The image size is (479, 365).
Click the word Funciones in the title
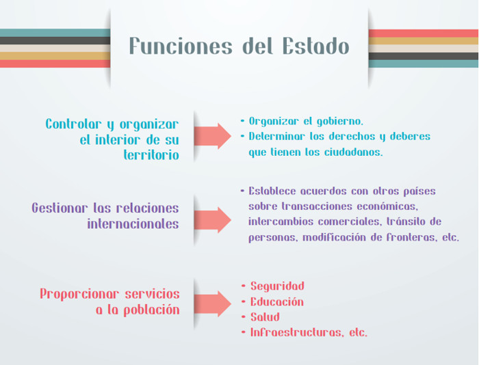click(x=181, y=46)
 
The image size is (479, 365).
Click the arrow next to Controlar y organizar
click(x=213, y=136)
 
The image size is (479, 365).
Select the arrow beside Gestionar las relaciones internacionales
click(x=213, y=219)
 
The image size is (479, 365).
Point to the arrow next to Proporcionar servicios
click(x=213, y=303)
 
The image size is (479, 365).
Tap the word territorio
click(x=151, y=155)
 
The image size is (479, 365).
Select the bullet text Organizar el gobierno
click(x=306, y=122)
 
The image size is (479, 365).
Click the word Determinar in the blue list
click(x=276, y=136)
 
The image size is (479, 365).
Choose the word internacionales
click(x=133, y=224)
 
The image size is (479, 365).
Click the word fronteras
click(x=412, y=237)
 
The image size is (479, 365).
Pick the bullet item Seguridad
click(x=277, y=286)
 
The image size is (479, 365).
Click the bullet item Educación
click(x=277, y=301)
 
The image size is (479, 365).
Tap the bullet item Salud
click(x=266, y=316)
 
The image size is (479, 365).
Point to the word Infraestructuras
click(x=296, y=332)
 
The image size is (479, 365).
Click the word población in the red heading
click(x=151, y=310)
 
